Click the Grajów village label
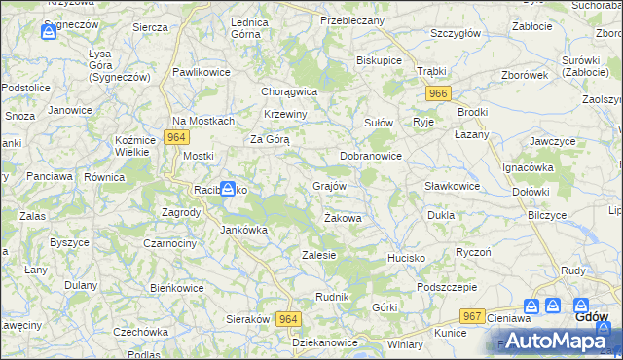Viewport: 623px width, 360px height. [329, 185]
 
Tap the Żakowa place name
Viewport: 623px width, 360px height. [343, 218]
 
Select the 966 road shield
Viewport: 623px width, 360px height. [438, 93]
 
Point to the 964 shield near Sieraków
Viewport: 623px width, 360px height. [287, 318]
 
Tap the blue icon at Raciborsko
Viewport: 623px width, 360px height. [228, 188]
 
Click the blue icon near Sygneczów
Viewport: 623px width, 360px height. [50, 32]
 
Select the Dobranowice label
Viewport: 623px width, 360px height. [371, 156]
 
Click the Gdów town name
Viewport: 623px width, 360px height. [592, 317]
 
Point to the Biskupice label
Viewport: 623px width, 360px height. [380, 59]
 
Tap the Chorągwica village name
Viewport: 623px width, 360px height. [289, 91]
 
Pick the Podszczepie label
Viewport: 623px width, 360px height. [446, 287]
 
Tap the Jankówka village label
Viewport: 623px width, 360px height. [243, 231]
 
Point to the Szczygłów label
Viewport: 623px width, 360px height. [456, 33]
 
